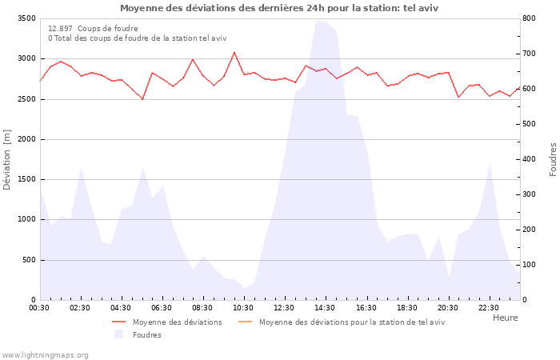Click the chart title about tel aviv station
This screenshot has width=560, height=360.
pyautogui.click(x=279, y=8)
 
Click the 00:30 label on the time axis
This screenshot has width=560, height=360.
pyautogui.click(x=39, y=308)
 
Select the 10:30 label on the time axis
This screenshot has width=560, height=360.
pyautogui.click(x=243, y=308)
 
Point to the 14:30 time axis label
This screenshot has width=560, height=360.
pyautogui.click(x=325, y=308)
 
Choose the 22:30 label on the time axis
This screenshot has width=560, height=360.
pyautogui.click(x=488, y=308)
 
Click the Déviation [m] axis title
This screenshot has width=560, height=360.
pyautogui.click(x=7, y=159)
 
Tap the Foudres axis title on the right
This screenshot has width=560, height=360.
pyautogui.click(x=553, y=159)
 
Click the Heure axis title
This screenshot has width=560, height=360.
pyautogui.click(x=505, y=318)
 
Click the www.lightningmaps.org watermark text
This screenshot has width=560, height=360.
pyautogui.click(x=45, y=354)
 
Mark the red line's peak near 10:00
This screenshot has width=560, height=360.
pyautogui.click(x=234, y=53)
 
